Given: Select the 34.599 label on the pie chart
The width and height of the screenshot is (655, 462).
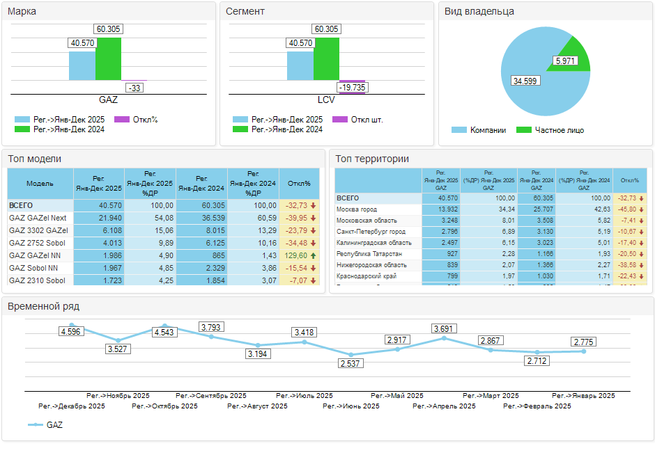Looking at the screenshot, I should coord(525,81).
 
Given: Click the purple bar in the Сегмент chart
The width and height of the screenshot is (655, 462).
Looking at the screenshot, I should coord(353,81).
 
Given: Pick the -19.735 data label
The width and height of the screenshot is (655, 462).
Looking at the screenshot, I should coord(352,88).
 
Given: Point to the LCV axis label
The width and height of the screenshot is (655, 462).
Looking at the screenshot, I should coord(326,100).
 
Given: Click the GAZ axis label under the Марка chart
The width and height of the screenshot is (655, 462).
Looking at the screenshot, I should coord(108,100).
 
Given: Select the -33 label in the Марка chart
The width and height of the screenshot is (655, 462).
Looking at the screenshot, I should coord(134,88).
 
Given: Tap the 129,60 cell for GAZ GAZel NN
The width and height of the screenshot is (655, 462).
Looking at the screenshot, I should coord(296,255).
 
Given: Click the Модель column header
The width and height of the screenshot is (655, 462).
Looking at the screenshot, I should coord(40,184).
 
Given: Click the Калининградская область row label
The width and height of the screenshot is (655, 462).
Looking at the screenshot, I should coord(374,243).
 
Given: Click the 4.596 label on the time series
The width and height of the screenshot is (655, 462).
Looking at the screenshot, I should coord(71,332).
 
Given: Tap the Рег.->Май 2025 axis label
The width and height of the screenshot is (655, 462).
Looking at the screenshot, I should coord(397,395).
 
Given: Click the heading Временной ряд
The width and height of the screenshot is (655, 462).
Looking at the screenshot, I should coord(43,306).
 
